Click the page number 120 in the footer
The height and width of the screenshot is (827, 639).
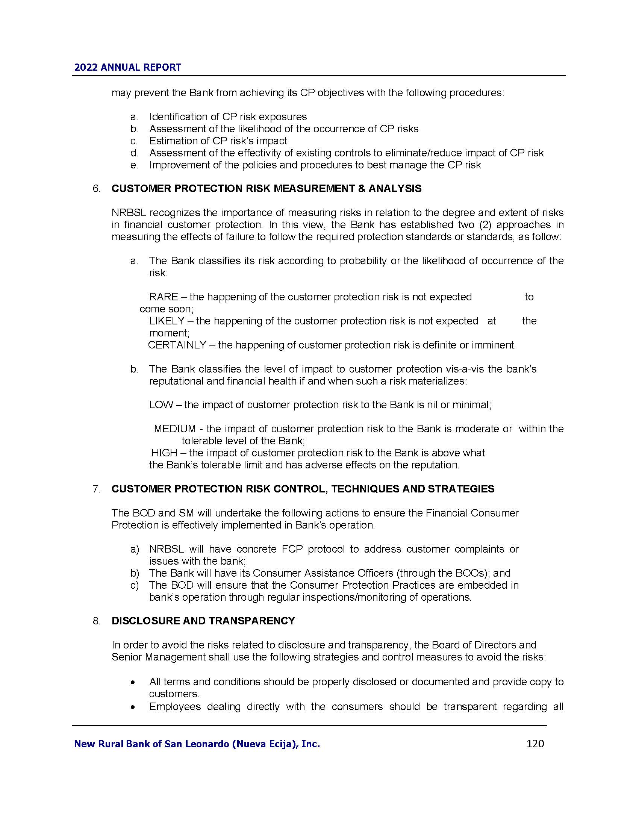[x=535, y=744]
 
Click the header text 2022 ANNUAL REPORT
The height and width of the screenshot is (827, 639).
[x=127, y=67]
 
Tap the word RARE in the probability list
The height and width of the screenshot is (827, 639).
[x=163, y=297]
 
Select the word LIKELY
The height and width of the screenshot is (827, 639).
[x=166, y=321]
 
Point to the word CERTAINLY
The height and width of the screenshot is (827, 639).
[x=177, y=345]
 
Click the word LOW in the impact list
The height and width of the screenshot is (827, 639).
[x=161, y=405]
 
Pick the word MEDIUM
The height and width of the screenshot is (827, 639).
[x=174, y=429]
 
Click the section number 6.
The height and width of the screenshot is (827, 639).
[x=97, y=189]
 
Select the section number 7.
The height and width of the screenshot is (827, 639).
[x=97, y=489]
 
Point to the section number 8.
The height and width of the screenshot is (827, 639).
[x=97, y=621]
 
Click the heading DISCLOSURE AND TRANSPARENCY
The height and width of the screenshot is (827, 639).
[x=203, y=621]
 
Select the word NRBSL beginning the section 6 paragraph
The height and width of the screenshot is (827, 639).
[x=129, y=213]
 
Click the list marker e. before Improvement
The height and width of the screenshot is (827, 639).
[x=134, y=165]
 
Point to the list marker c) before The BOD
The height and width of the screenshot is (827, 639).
[x=135, y=585]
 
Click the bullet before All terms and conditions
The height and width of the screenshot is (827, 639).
[x=132, y=683]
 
